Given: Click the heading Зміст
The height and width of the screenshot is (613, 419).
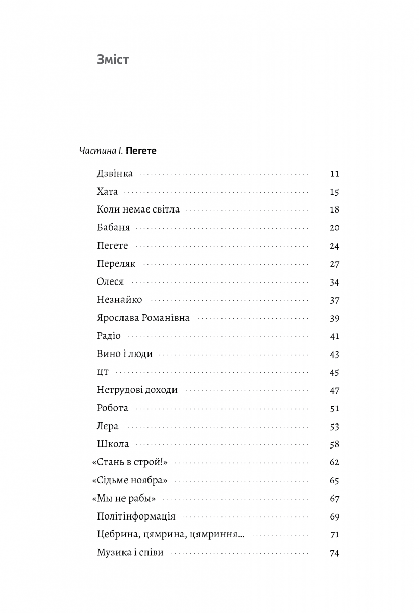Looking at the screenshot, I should tap(113, 60).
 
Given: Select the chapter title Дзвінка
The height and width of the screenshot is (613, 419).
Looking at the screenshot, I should tap(114, 174).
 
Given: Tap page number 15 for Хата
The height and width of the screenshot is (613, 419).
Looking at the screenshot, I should tap(335, 192).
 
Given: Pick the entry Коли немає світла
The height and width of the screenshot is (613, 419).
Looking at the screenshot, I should tap(138, 209).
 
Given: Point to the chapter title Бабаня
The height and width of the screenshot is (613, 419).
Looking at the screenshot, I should tap(113, 228).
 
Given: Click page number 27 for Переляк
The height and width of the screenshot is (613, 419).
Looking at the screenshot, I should tap(335, 264).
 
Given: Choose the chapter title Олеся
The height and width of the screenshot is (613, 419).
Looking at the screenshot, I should tap(110, 282).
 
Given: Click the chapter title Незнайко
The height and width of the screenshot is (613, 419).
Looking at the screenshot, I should tap(119, 300).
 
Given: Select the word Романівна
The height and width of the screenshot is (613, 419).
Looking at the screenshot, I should tap(165, 318).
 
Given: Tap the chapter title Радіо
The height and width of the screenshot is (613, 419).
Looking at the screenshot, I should tap(108, 336).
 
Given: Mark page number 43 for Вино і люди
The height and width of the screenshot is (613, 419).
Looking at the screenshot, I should tap(335, 355).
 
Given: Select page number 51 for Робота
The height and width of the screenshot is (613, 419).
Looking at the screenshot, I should tap(335, 409).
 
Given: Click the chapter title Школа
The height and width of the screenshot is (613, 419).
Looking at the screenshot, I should tap(112, 444).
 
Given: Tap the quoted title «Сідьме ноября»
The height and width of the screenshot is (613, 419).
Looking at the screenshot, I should tap(130, 481).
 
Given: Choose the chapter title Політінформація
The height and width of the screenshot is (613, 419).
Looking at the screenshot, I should tap(136, 516).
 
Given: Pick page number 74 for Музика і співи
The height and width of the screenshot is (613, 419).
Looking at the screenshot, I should tap(335, 553).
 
